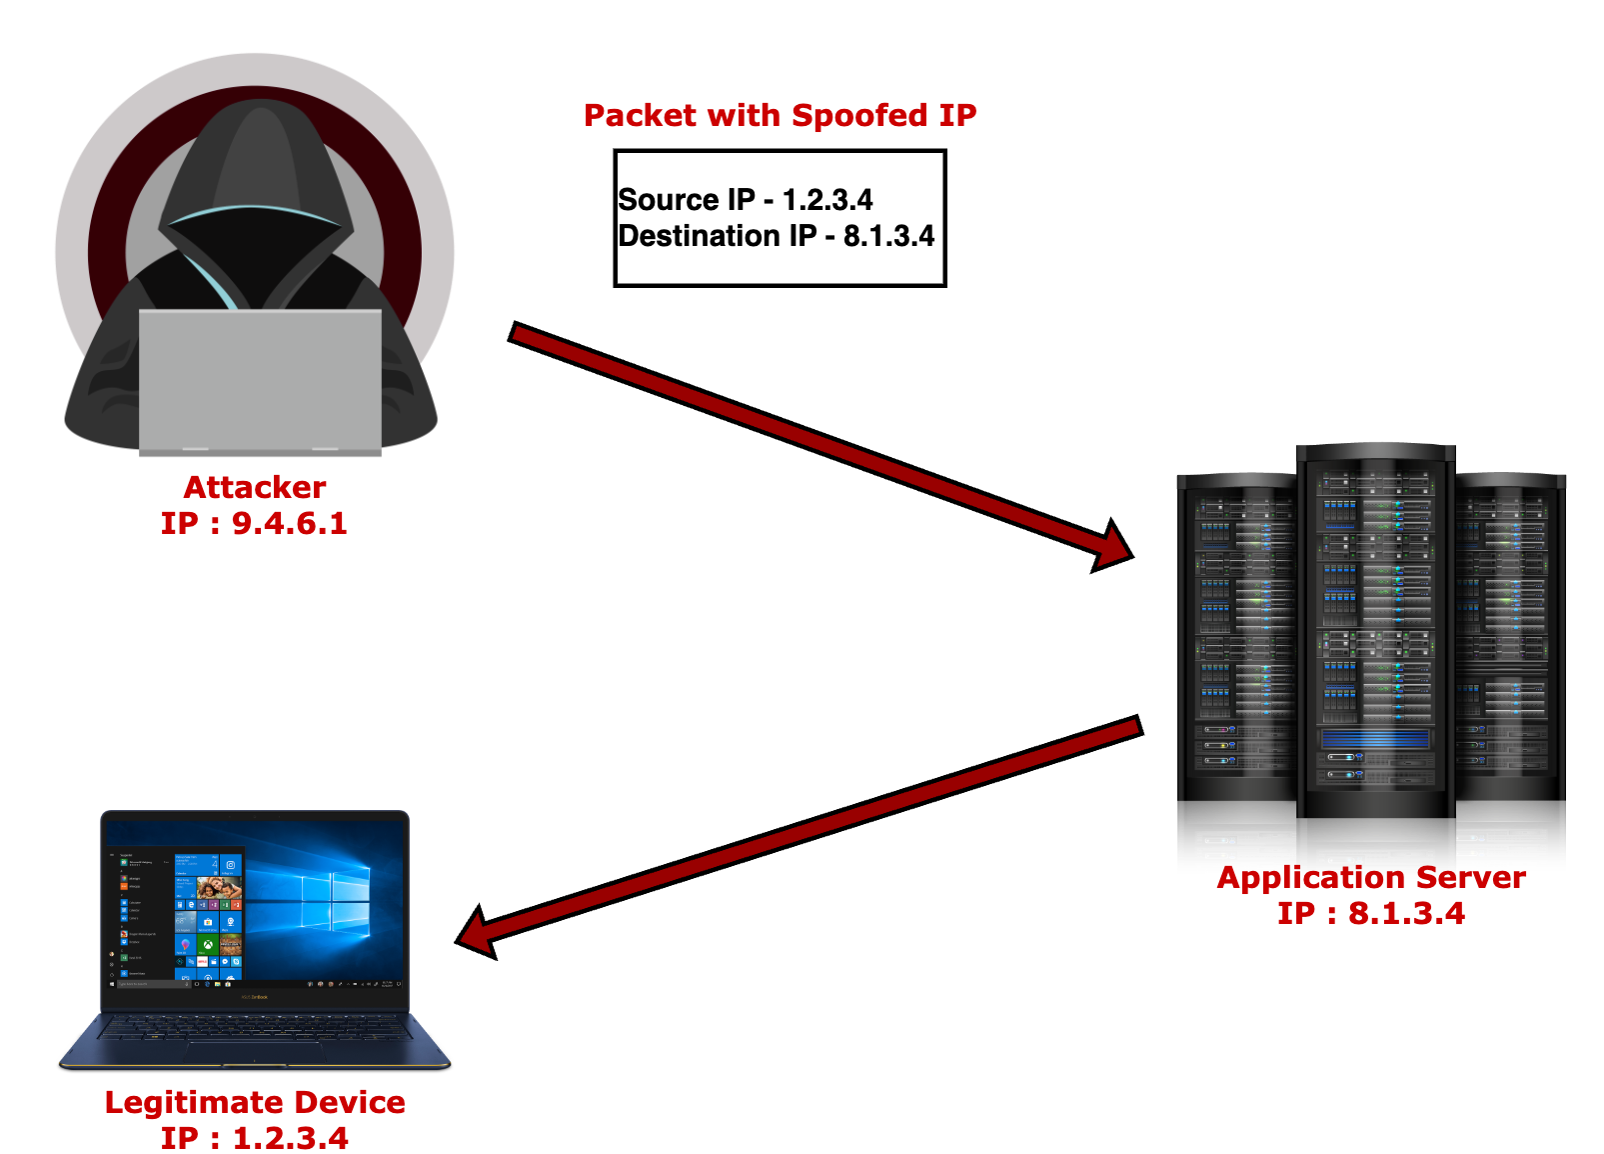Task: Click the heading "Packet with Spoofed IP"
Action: pos(780,116)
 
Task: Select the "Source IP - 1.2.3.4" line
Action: pos(746,200)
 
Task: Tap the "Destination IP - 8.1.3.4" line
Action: pos(777,236)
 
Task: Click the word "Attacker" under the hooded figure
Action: pos(255,487)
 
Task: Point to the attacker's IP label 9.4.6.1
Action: pos(255,523)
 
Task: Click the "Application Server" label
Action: pos(1371,878)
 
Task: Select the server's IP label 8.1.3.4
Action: pos(1371,913)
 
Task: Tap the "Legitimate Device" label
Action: pos(255,1102)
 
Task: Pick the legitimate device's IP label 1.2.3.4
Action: pos(255,1138)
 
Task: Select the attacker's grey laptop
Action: pos(260,380)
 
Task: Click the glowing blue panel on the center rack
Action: pos(1375,739)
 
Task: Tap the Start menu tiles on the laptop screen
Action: pos(208,915)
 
